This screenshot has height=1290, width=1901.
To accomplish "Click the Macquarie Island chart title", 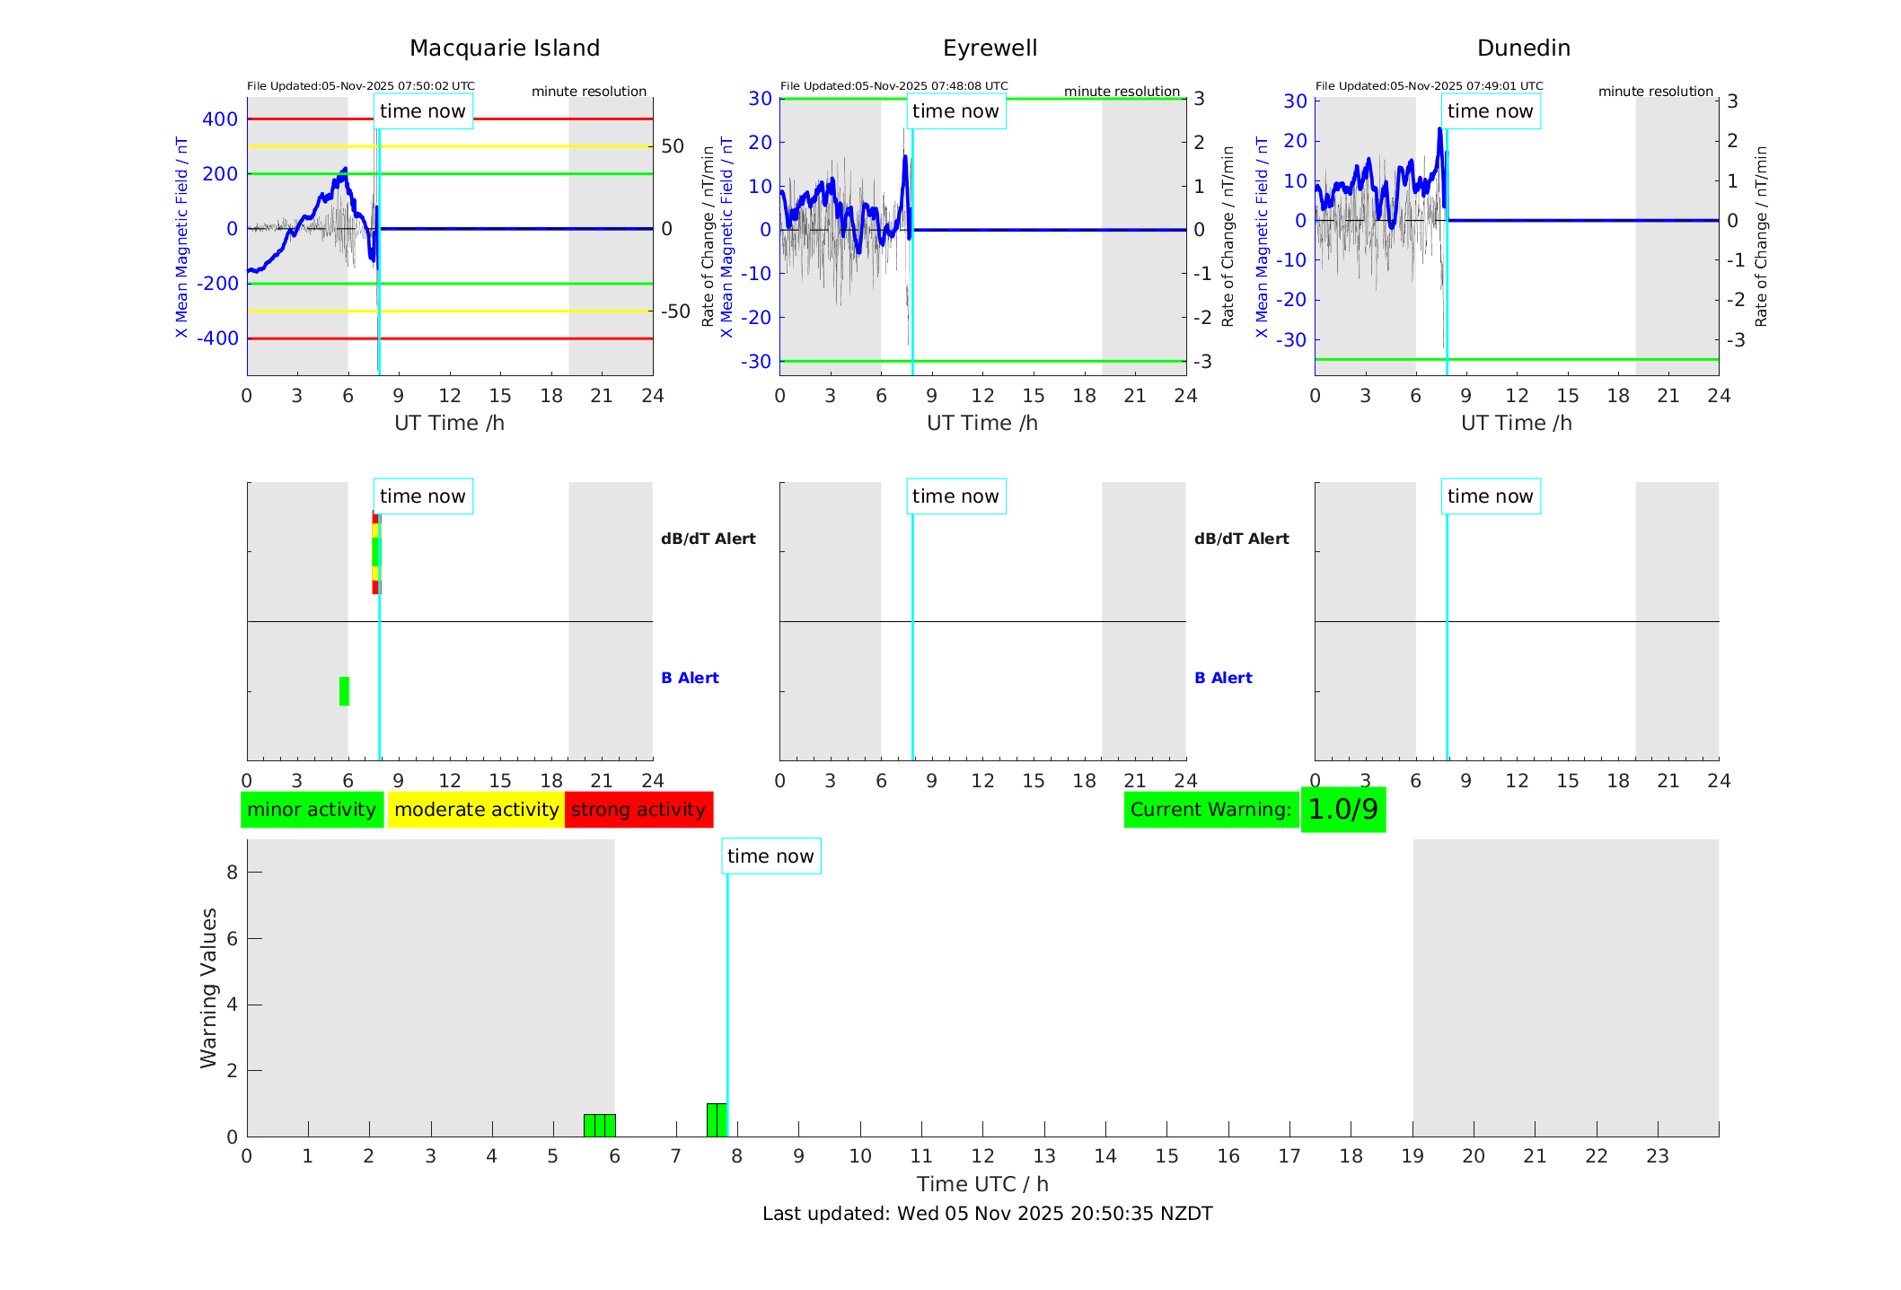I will pos(504,48).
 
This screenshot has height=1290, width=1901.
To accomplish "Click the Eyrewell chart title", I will pos(990,48).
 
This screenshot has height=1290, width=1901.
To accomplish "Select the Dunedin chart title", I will pos(1523,48).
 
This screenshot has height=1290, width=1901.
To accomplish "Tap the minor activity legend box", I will pos(312,810).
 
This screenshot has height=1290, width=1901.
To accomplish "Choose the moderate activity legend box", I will pos(476,810).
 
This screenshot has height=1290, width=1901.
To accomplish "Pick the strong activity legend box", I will pos(638,810).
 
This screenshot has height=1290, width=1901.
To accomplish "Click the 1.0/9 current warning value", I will pos(1342,810).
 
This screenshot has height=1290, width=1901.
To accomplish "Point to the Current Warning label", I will pos(1210,810).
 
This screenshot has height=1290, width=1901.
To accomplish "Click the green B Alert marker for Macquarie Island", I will pos(344,691).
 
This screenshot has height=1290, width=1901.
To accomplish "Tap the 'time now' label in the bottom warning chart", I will pos(770,856).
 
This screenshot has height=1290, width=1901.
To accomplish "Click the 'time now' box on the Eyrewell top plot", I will pos(955,111).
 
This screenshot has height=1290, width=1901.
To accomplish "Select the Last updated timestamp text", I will pos(987,1214).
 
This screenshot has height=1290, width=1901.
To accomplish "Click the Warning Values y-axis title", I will pos(209,987).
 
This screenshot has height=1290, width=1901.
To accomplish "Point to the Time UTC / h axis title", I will pos(982,1184).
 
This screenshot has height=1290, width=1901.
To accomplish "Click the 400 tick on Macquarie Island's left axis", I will pos(220,119).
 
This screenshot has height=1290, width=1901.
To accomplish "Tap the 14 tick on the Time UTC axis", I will pos(1105,1156).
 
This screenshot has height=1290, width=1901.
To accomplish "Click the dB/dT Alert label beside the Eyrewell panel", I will pos(1241,539).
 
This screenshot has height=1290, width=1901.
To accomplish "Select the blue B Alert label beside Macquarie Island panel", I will pos(690,678).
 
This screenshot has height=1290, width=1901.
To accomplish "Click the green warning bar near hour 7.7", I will pos(717,1119).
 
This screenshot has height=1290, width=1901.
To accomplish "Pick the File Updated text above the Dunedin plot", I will pos(1429,86).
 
